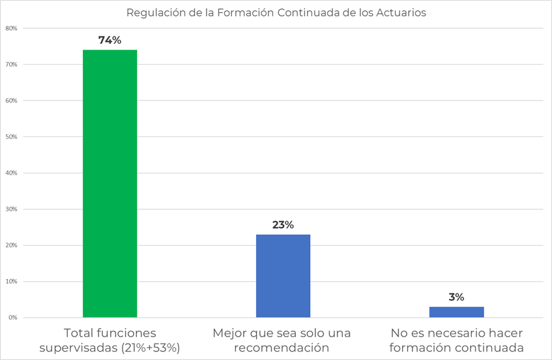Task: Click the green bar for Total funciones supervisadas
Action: tap(109, 183)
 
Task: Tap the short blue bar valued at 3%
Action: tap(456, 312)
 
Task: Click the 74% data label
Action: tap(109, 40)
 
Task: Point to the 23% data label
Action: tap(283, 225)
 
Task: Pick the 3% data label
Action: tap(456, 297)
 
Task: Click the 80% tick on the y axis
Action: tap(11, 29)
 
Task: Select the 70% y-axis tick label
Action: tap(11, 65)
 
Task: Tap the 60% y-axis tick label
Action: tap(11, 101)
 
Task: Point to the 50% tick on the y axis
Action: tap(11, 137)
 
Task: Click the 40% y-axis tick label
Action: tap(11, 173)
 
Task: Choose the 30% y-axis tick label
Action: tap(11, 209)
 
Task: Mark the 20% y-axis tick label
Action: tap(11, 246)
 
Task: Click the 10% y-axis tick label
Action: tap(11, 282)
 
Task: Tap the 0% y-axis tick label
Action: tap(12, 318)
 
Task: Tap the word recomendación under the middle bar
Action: tap(282, 348)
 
